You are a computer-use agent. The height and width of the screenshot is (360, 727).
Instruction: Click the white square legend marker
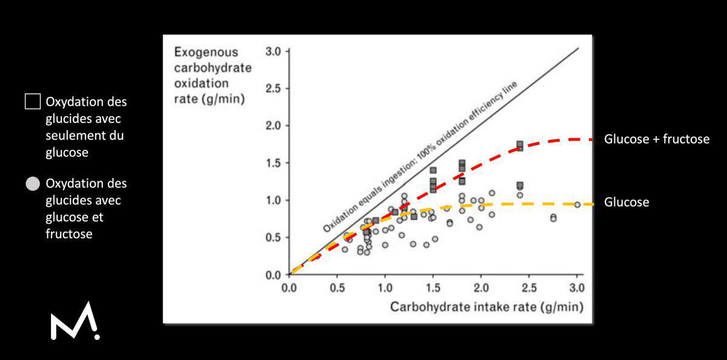[x=33, y=102]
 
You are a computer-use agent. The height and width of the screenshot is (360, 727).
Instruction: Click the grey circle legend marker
[x=33, y=184]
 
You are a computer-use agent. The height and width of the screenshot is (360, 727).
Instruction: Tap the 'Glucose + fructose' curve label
[x=656, y=139]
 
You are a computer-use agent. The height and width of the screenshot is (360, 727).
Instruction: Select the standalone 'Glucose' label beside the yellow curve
[x=626, y=202]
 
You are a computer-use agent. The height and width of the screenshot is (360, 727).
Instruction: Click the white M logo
[x=75, y=321]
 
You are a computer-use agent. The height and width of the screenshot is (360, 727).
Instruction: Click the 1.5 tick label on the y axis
[x=274, y=163]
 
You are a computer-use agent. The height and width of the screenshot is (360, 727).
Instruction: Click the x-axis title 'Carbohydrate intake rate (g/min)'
[x=486, y=307]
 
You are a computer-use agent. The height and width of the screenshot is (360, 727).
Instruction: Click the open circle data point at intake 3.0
[x=577, y=205]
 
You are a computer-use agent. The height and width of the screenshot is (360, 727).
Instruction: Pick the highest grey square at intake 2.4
[x=520, y=144]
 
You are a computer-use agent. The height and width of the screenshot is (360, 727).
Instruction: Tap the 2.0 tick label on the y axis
[x=274, y=126]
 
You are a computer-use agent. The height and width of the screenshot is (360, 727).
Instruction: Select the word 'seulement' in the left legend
[x=71, y=136]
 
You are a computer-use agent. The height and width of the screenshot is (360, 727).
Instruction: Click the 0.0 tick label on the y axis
[x=274, y=275]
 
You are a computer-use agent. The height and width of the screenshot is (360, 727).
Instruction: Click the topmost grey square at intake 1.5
[x=433, y=170]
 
